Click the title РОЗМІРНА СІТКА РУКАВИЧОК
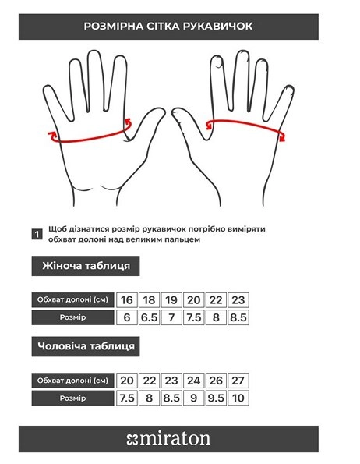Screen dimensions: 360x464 coord(168,26)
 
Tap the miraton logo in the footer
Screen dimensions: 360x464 coord(168,439)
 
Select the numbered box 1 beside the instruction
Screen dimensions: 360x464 coord(37,235)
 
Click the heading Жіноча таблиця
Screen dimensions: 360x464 coord(86,266)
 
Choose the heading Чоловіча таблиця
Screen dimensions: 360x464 coord(86,346)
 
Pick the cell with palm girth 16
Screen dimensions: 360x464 coord(127,300)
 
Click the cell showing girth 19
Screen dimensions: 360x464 coord(171,300)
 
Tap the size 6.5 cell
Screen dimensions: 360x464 coord(150,317)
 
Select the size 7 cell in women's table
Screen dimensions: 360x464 coord(171,317)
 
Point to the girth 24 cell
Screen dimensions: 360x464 coord(193,381)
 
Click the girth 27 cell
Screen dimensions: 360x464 coord(238,381)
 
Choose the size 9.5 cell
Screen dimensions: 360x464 coord(216,398)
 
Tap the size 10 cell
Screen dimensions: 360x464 coord(238,398)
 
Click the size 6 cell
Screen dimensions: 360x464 coord(127,317)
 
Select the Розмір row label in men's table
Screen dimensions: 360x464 coord(72,398)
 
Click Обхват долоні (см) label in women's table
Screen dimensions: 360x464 coord(72,300)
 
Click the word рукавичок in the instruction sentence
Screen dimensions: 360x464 coord(164,229)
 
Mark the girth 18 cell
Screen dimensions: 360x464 coord(150,300)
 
